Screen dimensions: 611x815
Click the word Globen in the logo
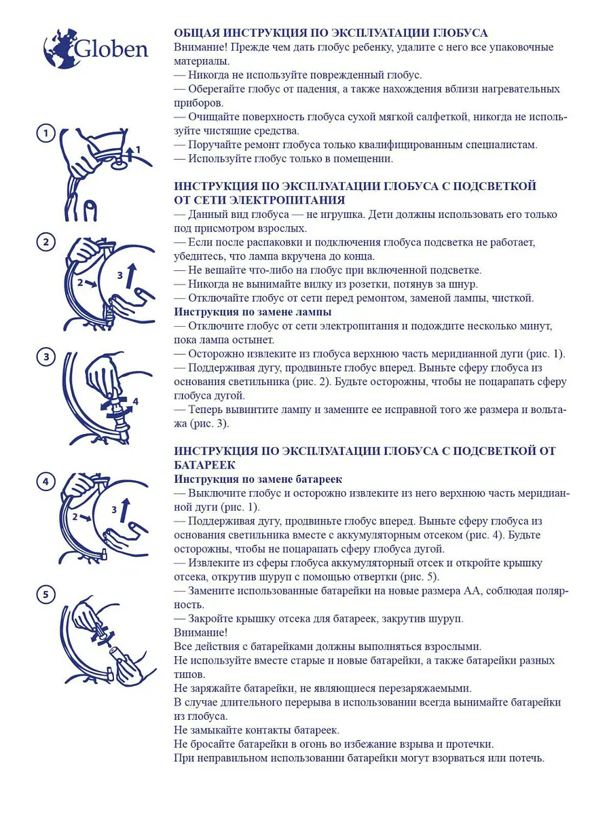coord(111,49)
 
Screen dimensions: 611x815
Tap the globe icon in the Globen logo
coord(62,48)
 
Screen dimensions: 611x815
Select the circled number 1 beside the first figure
coord(46,133)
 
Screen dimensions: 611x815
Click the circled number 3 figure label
coord(46,357)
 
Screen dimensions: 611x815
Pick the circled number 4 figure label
coord(46,482)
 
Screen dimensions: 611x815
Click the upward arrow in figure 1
coord(130,153)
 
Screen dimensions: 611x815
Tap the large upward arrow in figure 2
coord(131,276)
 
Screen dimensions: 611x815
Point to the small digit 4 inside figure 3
coord(135,401)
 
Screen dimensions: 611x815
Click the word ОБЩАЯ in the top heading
coord(197,33)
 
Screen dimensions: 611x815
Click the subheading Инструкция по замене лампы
coord(253,312)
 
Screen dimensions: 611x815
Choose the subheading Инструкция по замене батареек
coord(258,479)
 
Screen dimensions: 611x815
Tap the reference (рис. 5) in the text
coord(419,577)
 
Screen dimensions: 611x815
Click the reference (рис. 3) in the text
coord(209,424)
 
